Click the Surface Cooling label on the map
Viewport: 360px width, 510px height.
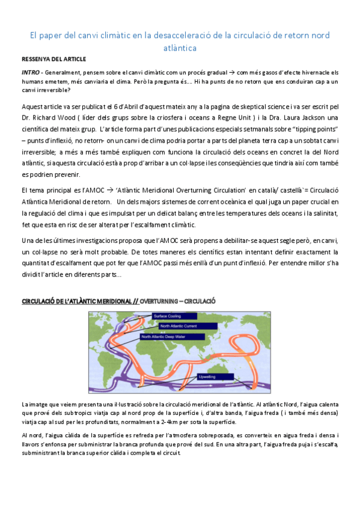coord(168,316)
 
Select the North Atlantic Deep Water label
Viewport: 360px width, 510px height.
coord(165,337)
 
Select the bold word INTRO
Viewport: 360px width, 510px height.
coord(29,72)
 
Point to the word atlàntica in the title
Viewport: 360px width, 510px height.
coord(180,46)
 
